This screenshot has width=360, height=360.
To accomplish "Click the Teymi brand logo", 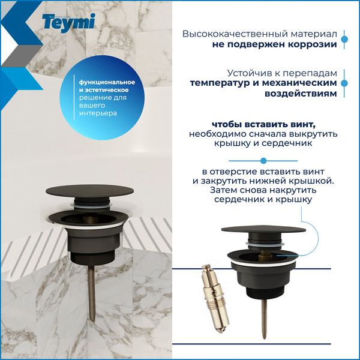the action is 68,23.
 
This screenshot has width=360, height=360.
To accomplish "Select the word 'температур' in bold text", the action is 220,83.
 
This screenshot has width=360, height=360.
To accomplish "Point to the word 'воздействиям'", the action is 301,94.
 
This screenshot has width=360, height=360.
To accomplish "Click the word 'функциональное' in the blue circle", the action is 107,82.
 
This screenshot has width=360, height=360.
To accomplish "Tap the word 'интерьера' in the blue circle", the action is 98,113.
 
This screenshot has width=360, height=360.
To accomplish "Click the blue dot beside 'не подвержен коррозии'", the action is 344,39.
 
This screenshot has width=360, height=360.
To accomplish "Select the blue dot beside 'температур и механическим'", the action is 344,83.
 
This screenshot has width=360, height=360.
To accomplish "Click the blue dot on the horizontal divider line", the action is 263,161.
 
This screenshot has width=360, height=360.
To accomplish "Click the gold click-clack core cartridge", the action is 215,298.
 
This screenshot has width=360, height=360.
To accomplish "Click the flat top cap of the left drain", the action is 89,191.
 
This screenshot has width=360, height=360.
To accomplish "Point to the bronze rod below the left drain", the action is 92,293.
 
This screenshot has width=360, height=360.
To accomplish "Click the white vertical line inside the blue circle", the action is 74,98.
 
